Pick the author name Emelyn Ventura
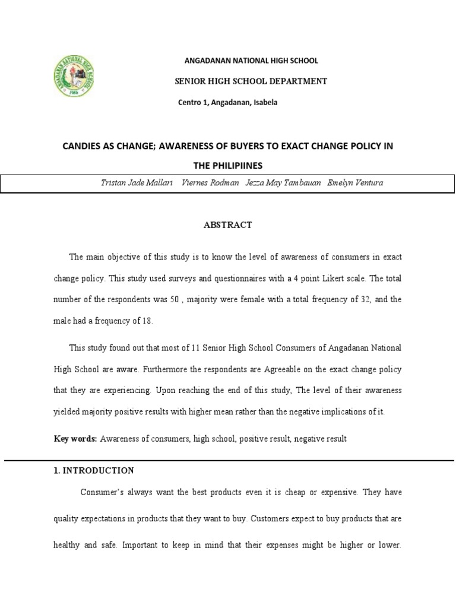pos(355,183)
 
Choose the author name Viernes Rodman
pos(207,183)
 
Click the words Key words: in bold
pos(75,439)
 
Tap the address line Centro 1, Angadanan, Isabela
pos(227,103)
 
